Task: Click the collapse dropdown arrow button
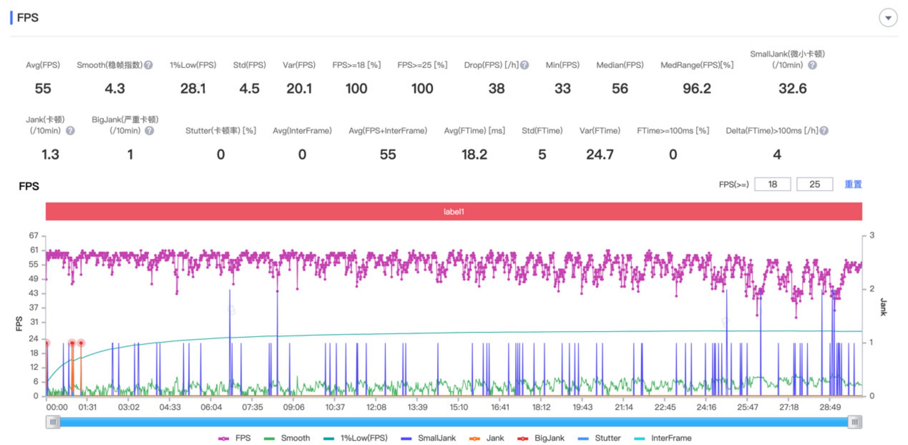point(888,18)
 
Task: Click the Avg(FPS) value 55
point(43,88)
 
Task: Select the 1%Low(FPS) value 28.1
point(193,88)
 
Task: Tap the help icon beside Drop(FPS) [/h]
point(525,65)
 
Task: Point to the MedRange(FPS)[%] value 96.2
point(697,88)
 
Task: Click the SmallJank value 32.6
point(792,88)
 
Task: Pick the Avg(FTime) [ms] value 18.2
point(474,154)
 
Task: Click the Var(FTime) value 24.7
point(599,154)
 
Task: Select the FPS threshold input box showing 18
point(772,184)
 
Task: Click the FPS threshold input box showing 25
point(814,184)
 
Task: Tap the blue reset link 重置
point(853,184)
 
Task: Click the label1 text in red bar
point(454,212)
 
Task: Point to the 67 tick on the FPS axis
point(34,236)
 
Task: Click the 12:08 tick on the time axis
point(376,407)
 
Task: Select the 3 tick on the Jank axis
point(872,235)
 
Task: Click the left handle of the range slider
point(53,422)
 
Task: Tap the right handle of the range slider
point(855,422)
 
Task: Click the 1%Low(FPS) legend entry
point(356,438)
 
